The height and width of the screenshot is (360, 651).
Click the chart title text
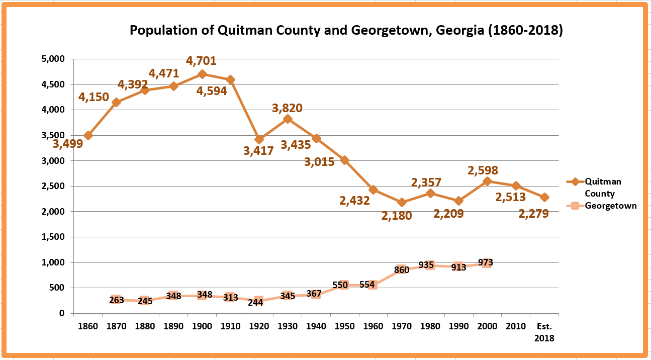346,30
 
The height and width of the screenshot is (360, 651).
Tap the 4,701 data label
201,61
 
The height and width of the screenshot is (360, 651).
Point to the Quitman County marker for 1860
88,135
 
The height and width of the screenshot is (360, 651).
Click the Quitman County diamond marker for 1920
259,139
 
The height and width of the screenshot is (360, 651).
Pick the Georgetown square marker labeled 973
486,263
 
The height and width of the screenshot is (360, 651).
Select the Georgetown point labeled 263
116,300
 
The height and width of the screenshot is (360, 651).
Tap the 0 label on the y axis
61,313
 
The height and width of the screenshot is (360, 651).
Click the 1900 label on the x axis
202,326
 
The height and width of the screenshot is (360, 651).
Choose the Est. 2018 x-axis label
544,332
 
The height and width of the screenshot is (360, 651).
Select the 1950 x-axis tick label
344,326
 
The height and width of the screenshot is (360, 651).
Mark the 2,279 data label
533,214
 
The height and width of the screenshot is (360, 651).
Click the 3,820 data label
287,108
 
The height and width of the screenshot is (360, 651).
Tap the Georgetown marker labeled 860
401,269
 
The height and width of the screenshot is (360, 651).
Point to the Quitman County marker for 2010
515,186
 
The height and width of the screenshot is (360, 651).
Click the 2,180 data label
397,216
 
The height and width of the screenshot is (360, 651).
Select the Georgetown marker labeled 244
258,302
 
